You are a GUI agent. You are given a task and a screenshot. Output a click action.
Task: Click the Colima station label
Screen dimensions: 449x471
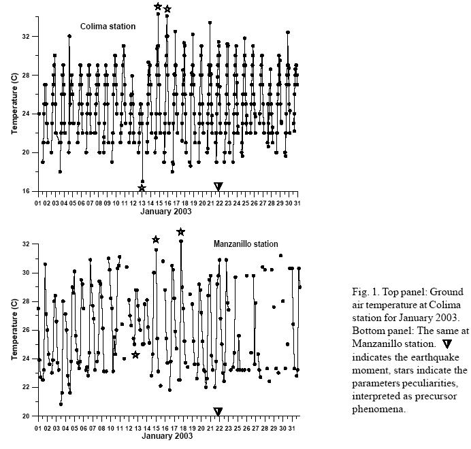pyautogui.click(x=108, y=27)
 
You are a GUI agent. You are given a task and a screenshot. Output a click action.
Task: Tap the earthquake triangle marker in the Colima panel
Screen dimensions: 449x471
pyautogui.click(x=218, y=186)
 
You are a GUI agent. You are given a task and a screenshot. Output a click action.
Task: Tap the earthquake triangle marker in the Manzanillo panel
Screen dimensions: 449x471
pyautogui.click(x=218, y=412)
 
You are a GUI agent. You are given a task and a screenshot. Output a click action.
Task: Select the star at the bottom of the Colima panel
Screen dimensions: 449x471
pyautogui.click(x=142, y=188)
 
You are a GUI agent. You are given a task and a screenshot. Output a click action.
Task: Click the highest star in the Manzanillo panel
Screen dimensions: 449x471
pyautogui.click(x=180, y=232)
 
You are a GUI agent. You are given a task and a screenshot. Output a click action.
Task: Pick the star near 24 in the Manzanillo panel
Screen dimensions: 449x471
pyautogui.click(x=136, y=354)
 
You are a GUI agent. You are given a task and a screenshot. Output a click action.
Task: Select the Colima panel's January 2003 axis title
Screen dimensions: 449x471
pyautogui.click(x=166, y=211)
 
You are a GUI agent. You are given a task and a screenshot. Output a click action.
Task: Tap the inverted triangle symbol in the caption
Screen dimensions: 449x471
pyautogui.click(x=446, y=345)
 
